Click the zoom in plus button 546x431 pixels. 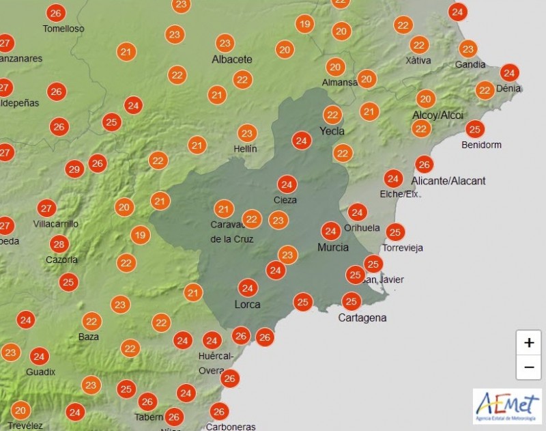click(x=529, y=342)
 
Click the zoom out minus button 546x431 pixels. click(x=529, y=368)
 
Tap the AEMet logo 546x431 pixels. click(x=507, y=407)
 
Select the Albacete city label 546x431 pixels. click(x=232, y=59)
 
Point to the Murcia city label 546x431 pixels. click(x=333, y=247)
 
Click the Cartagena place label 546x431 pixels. click(x=362, y=318)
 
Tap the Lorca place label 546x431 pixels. click(x=247, y=305)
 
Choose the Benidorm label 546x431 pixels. click(x=481, y=145)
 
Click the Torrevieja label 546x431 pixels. click(x=403, y=248)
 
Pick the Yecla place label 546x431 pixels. click(x=332, y=131)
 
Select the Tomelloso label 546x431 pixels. click(x=63, y=29)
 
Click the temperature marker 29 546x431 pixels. click(x=74, y=169)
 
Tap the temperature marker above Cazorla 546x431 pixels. click(x=59, y=244)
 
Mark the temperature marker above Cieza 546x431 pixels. click(x=287, y=184)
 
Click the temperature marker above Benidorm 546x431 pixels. click(x=475, y=129)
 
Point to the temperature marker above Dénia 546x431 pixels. click(x=508, y=73)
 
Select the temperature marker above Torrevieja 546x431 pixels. click(x=394, y=232)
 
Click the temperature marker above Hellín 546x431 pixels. click(x=247, y=133)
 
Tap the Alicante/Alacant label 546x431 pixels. click(x=448, y=181)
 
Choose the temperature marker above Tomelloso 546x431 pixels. click(x=56, y=13)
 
